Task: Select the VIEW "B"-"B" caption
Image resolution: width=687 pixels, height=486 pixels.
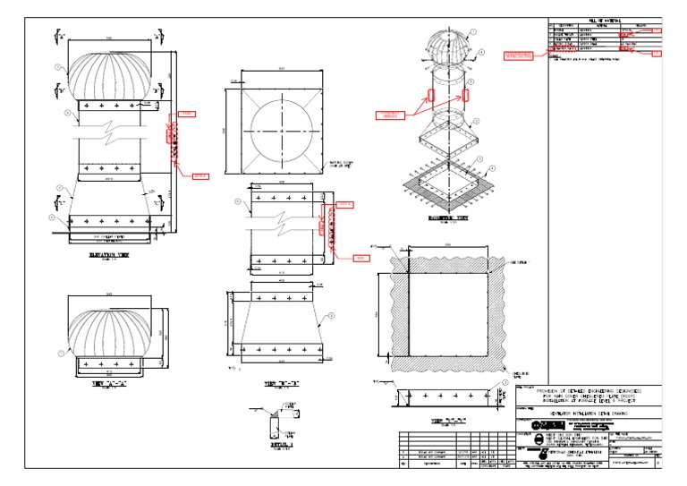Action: click(x=282, y=383)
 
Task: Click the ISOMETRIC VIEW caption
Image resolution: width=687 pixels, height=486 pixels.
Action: click(x=449, y=218)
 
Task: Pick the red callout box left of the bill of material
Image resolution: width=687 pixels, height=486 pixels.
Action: click(x=518, y=56)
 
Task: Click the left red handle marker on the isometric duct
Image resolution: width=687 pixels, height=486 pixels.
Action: click(x=431, y=93)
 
